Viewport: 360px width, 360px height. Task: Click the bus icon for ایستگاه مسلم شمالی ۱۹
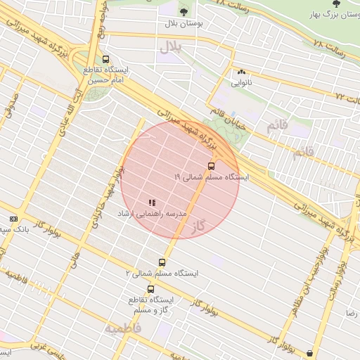pos(211,166)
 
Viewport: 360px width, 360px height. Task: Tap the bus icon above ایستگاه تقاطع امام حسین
pos(105,60)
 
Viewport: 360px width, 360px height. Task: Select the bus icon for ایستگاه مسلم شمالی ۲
pos(163,262)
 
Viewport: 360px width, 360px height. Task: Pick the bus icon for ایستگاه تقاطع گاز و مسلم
pos(150,289)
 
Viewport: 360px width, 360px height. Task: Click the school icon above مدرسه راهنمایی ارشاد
pos(153,202)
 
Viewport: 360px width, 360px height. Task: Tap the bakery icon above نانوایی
pos(242,72)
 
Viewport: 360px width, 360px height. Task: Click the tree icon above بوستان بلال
pos(184,11)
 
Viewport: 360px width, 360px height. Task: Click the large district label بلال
pos(170,47)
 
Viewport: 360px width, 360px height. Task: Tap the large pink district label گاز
pos(200,225)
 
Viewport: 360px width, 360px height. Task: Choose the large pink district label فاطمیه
pos(124,328)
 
